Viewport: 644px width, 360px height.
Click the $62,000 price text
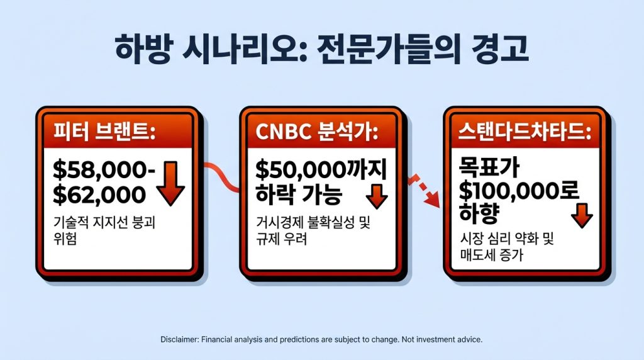(x=99, y=194)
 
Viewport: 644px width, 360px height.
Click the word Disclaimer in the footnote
(x=179, y=339)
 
